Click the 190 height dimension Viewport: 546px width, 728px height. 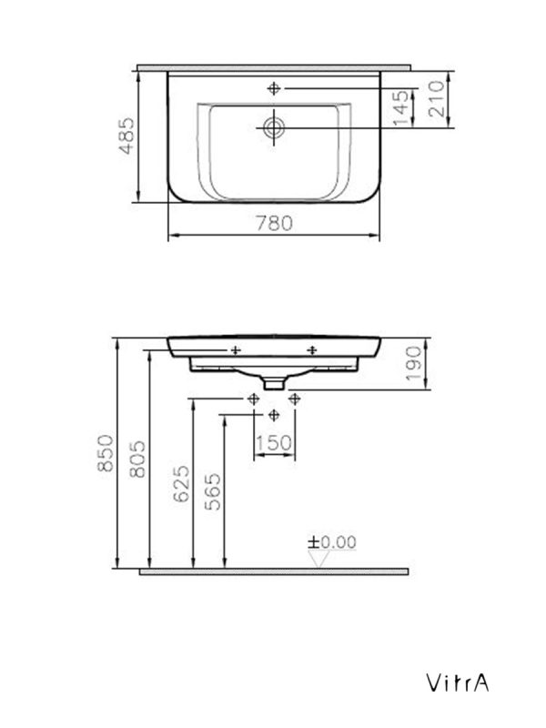click(x=414, y=364)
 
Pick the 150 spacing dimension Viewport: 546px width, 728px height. click(x=274, y=442)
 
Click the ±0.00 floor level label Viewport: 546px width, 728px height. click(x=331, y=541)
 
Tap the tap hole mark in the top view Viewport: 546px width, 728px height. click(x=275, y=88)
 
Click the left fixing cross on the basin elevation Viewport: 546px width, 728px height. click(x=235, y=349)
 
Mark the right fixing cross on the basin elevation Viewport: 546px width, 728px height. click(x=312, y=349)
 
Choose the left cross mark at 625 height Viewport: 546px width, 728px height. click(x=253, y=399)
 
